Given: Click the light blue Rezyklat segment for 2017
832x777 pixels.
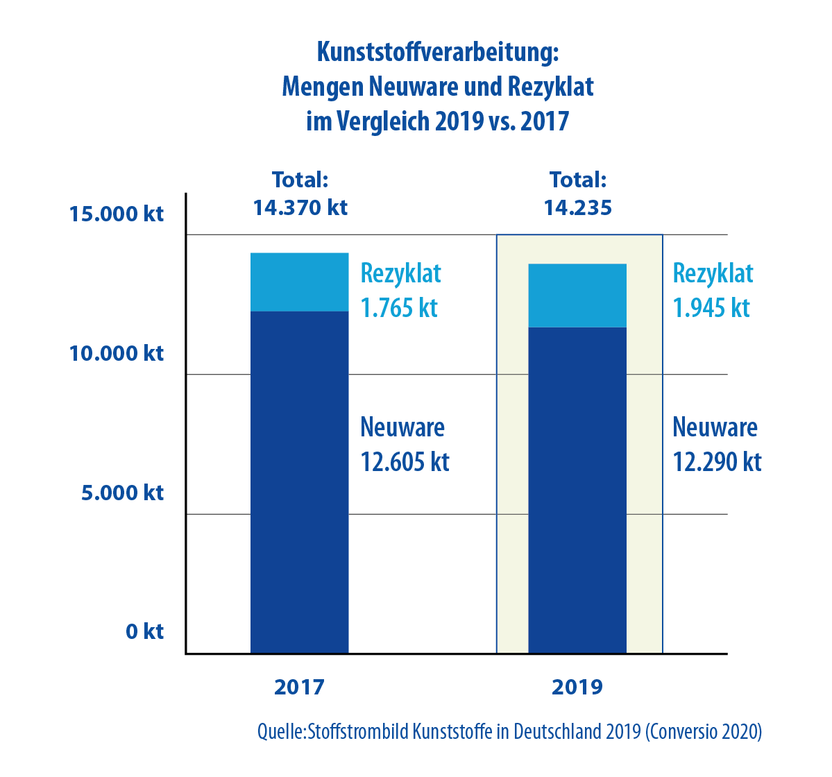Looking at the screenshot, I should (299, 282).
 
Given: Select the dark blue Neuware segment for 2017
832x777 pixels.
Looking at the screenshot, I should (299, 482).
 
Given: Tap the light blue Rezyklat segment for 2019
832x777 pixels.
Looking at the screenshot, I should (577, 295).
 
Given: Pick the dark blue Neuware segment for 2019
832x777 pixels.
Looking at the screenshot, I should (577, 490).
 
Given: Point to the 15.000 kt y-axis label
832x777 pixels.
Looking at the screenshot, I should (117, 214).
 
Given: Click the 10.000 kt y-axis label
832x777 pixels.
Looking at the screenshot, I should (117, 353).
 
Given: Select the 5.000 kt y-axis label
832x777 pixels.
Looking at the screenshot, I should (122, 493).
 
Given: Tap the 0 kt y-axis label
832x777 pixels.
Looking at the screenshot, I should (144, 631).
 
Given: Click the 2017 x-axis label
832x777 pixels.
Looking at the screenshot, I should (299, 687).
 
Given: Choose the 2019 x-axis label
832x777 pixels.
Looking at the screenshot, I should (577, 687).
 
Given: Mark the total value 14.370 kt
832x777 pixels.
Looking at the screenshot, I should (300, 207).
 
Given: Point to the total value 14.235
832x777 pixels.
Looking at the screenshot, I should (577, 207).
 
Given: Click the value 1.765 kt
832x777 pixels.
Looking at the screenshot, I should (399, 308).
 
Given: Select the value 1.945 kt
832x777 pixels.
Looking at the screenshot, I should (711, 308).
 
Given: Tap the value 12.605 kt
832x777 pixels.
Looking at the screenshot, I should (405, 462).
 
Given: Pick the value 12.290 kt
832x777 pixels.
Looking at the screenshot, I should (717, 462).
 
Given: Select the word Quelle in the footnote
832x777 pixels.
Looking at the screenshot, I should (280, 732).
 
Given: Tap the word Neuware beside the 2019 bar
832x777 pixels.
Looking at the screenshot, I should (715, 427).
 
